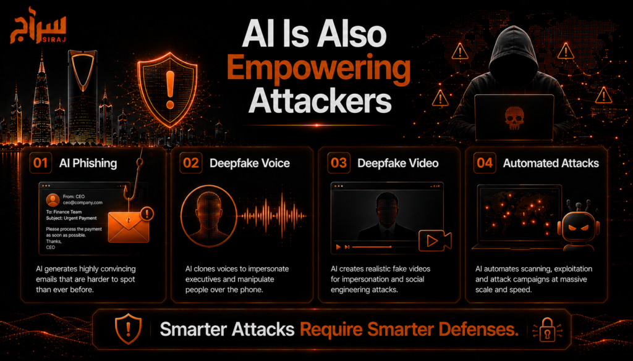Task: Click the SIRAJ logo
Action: click(x=38, y=25)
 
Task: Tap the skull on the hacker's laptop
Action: click(x=514, y=118)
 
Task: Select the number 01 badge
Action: click(x=41, y=163)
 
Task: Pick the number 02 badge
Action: click(x=191, y=163)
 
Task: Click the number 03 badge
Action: click(x=339, y=163)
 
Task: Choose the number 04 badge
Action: click(x=485, y=163)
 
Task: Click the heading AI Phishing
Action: click(x=88, y=163)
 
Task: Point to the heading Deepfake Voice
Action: click(x=250, y=163)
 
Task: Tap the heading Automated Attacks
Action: click(x=551, y=163)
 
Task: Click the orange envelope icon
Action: click(x=129, y=227)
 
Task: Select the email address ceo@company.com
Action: click(x=83, y=202)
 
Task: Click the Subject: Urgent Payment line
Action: click(x=72, y=218)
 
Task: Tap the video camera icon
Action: click(x=435, y=241)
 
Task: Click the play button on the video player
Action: click(x=338, y=247)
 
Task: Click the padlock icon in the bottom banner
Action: click(x=547, y=330)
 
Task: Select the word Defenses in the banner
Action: click(x=478, y=330)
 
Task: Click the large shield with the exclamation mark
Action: click(x=167, y=89)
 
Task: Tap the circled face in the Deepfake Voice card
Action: click(x=208, y=215)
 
